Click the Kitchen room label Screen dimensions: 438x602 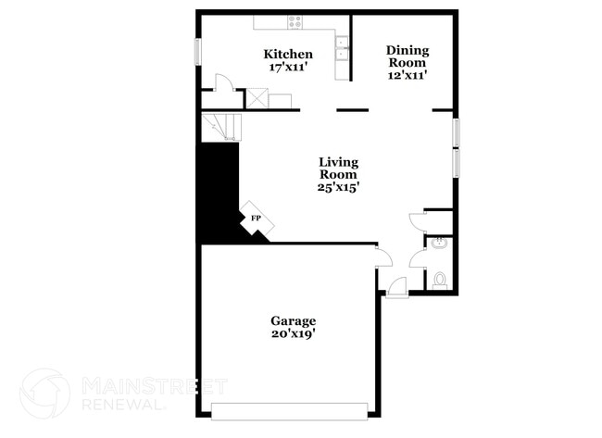[288, 55]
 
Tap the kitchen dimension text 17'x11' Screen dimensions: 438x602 [288, 68]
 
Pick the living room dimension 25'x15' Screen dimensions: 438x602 [339, 186]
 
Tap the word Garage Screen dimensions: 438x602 [294, 321]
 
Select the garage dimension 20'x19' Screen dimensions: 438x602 [294, 334]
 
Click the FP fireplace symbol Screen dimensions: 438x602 [254, 219]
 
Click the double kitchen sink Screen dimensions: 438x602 [343, 47]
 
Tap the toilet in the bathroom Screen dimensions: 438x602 [440, 279]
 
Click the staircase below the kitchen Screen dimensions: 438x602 [220, 126]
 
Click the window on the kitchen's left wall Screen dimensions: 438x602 [196, 51]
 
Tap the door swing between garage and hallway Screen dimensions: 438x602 [381, 254]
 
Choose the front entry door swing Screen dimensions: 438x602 [395, 288]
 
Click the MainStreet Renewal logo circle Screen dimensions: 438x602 [44, 393]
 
